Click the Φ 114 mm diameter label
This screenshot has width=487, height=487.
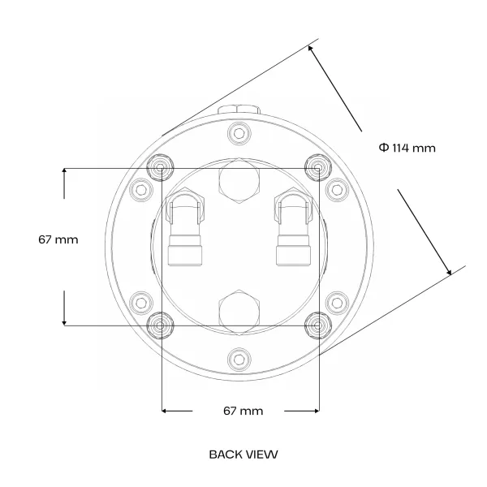click(407, 148)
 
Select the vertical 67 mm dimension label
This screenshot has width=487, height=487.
click(58, 239)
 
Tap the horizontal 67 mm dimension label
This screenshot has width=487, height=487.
click(243, 411)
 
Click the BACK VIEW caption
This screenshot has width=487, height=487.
click(243, 455)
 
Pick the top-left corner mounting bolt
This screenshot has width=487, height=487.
click(160, 168)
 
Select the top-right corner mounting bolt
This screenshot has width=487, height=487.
click(317, 168)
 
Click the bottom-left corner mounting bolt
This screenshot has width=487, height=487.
click(160, 325)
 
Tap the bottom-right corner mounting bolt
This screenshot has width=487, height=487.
click(317, 325)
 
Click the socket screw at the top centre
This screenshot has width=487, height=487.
click(239, 134)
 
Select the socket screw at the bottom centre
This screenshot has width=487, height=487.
click(239, 360)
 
